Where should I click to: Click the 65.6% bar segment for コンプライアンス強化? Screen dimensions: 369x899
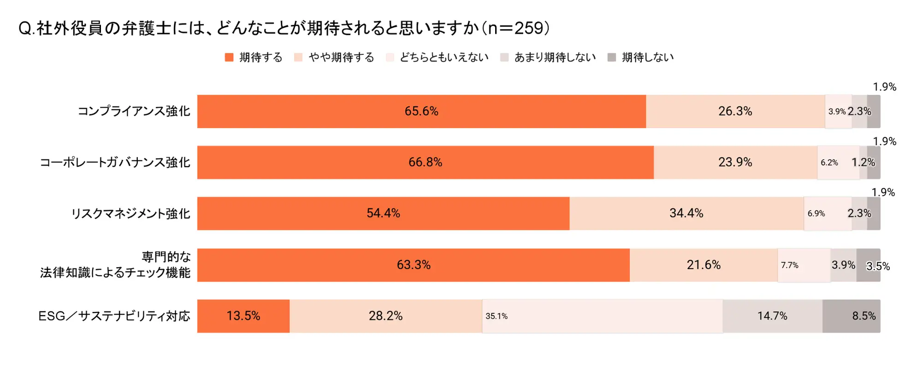click(x=421, y=111)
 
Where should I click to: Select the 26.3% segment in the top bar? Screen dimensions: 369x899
click(x=735, y=111)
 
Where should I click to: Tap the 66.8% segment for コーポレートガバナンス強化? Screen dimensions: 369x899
click(x=425, y=163)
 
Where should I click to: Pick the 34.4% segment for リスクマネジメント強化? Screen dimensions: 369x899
click(x=686, y=214)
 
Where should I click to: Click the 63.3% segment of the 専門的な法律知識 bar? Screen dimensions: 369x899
click(x=414, y=265)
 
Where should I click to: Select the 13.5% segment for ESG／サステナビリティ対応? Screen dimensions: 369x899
click(x=243, y=316)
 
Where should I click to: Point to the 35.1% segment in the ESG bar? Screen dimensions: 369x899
click(x=602, y=316)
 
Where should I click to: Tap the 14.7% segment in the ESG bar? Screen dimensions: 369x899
click(x=772, y=316)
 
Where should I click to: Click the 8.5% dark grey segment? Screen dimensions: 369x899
click(x=851, y=316)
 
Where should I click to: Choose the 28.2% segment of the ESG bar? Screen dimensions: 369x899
click(x=385, y=316)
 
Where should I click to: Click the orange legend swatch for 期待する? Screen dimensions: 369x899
click(x=229, y=58)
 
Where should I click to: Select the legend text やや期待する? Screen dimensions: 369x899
click(x=341, y=58)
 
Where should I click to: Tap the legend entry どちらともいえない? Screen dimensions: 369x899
click(x=444, y=58)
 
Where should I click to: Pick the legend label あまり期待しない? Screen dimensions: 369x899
click(x=555, y=58)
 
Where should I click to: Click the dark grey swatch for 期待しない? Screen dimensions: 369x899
click(x=612, y=58)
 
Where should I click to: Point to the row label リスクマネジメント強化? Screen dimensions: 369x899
click(x=130, y=214)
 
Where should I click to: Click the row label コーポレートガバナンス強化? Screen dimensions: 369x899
click(x=115, y=163)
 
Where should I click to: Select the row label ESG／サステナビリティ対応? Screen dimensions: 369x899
click(x=114, y=316)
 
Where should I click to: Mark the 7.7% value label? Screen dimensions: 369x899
click(x=789, y=265)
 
